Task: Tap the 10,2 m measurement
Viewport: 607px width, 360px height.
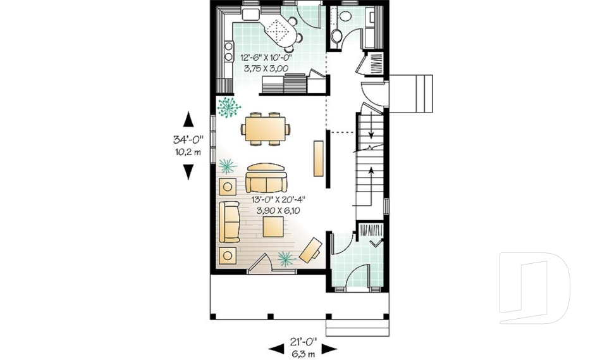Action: [x=188, y=152]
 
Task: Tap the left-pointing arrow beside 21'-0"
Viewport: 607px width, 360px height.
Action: [x=275, y=347]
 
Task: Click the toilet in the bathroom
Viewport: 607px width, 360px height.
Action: [x=336, y=34]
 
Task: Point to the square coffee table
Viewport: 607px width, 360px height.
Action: [x=273, y=228]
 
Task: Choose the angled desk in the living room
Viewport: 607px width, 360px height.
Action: [x=310, y=250]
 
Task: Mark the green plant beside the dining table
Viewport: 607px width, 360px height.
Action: [x=228, y=107]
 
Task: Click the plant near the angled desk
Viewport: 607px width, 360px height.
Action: [x=286, y=257]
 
